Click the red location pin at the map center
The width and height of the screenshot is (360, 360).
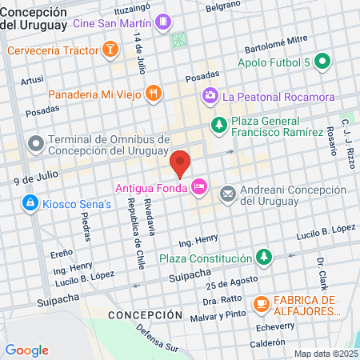(180, 163)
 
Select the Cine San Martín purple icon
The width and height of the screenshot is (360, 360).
(163, 22)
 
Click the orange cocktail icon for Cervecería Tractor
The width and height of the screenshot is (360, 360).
(110, 51)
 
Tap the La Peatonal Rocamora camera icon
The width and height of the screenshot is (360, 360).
(210, 97)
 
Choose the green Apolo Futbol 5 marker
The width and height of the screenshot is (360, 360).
(322, 62)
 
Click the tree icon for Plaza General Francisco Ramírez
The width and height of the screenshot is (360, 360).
(218, 125)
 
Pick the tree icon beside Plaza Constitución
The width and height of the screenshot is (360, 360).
(263, 258)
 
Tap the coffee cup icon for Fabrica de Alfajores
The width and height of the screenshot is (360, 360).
(261, 304)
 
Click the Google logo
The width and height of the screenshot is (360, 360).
(26, 350)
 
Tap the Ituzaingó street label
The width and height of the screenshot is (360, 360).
(132, 8)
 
